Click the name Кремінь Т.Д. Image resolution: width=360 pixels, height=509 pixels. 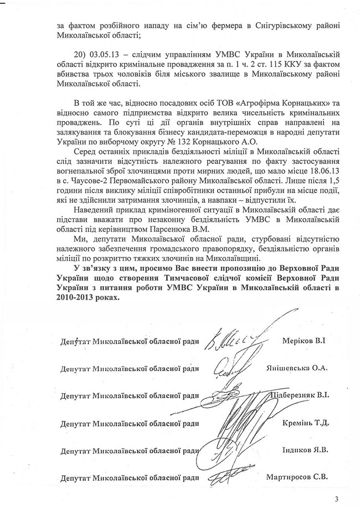pos(305,423)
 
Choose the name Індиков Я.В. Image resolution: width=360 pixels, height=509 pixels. pos(305,450)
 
